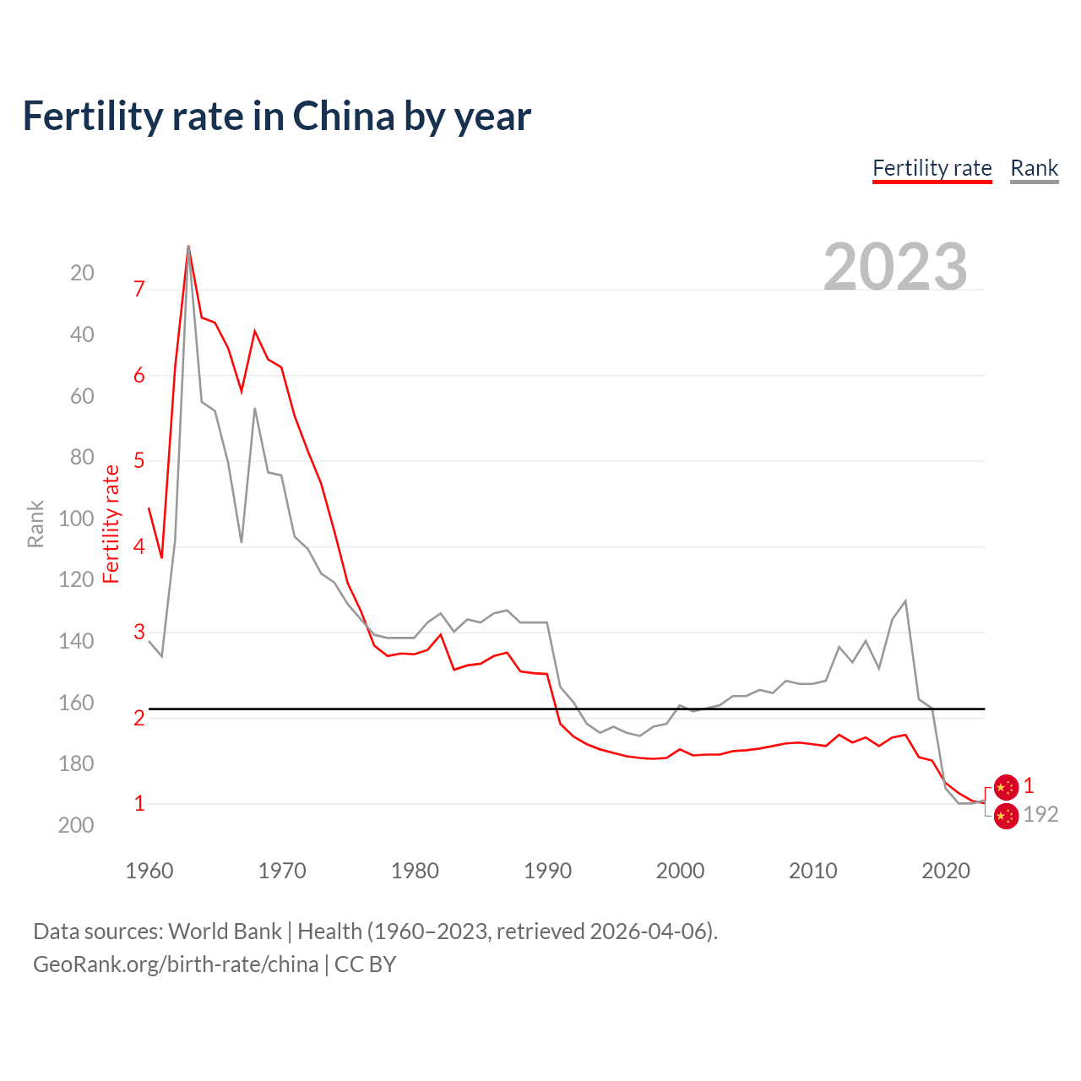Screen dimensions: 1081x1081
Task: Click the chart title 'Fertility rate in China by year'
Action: [x=276, y=117]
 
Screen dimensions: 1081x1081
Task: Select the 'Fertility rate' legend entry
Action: [x=932, y=168]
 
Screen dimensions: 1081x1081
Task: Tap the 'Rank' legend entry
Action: [x=1034, y=168]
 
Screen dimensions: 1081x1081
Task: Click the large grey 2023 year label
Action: [x=895, y=267]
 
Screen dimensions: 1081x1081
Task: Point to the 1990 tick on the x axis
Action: [x=547, y=871]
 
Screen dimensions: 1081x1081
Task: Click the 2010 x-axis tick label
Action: [x=812, y=871]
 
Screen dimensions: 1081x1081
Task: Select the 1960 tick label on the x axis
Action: [x=149, y=871]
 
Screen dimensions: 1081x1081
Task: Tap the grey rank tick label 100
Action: [x=76, y=519]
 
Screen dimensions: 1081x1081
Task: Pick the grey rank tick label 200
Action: [x=76, y=825]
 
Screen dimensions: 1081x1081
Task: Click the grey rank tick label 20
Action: [x=82, y=273]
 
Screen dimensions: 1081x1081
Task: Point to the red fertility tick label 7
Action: [x=139, y=289]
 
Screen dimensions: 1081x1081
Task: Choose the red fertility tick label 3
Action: [x=139, y=632]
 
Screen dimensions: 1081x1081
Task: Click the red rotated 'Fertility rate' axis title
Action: [x=111, y=524]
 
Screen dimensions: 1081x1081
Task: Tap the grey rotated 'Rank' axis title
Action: [x=35, y=524]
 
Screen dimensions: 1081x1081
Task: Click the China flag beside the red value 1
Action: [x=1006, y=787]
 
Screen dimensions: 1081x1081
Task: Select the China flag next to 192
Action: [x=1006, y=816]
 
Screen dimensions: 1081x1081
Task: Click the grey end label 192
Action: [x=1040, y=814]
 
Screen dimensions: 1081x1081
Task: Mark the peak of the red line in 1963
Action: [x=188, y=247]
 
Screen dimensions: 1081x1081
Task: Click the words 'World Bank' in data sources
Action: [x=225, y=932]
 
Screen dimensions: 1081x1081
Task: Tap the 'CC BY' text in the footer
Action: [x=365, y=964]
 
